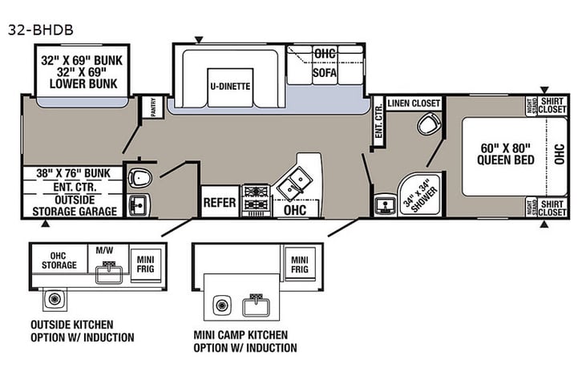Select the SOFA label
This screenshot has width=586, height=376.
point(325,73)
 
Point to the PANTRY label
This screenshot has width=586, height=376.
point(153,107)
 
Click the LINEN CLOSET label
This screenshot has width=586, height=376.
point(414,103)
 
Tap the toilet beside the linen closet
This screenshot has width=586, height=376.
point(427,124)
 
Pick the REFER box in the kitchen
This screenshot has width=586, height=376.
point(220,202)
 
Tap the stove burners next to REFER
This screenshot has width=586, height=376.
point(256,198)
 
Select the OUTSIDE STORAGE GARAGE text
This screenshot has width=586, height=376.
point(75,205)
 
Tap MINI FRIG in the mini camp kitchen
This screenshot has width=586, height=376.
point(299,264)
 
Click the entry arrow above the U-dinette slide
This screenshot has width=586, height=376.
point(200,38)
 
